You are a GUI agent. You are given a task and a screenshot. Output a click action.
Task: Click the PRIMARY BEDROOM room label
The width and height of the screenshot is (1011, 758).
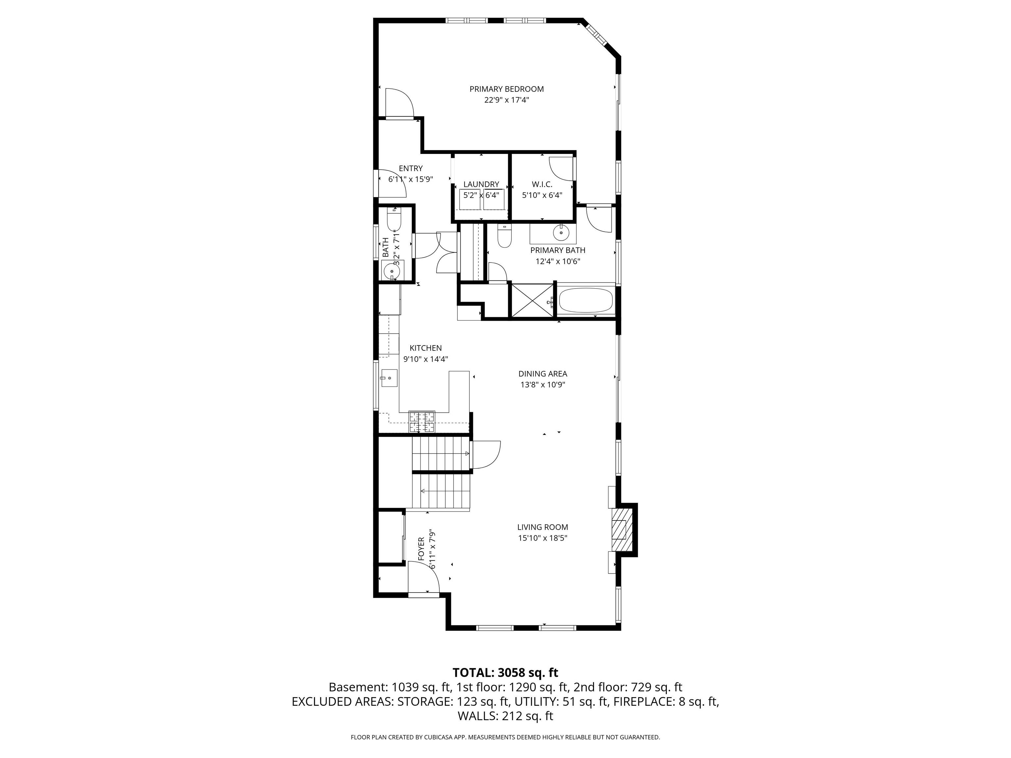[506, 89]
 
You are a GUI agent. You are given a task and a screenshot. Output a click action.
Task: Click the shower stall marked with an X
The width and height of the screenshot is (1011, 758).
[531, 300]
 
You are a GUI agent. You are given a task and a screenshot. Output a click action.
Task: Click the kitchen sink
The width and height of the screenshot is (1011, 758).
[389, 378]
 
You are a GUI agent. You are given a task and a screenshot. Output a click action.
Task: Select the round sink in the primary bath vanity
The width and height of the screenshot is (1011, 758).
[561, 233]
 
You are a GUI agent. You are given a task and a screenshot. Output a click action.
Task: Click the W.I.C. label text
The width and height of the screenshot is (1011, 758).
[542, 185]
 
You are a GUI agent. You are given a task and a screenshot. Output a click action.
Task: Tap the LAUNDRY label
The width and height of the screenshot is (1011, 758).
[481, 185]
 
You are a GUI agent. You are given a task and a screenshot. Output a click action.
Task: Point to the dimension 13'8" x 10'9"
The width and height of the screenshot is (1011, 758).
[542, 385]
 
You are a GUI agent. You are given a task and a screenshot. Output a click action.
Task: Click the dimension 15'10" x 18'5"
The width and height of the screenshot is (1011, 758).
[542, 538]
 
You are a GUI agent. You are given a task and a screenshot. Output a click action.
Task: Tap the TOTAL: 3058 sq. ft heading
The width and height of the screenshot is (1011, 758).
[505, 672]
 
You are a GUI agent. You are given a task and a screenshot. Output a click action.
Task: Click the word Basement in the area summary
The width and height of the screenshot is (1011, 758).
[357, 687]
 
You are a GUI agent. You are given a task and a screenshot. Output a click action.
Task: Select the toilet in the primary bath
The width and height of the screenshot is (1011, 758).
[504, 238]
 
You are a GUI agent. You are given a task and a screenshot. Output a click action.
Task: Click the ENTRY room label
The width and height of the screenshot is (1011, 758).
[410, 168]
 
